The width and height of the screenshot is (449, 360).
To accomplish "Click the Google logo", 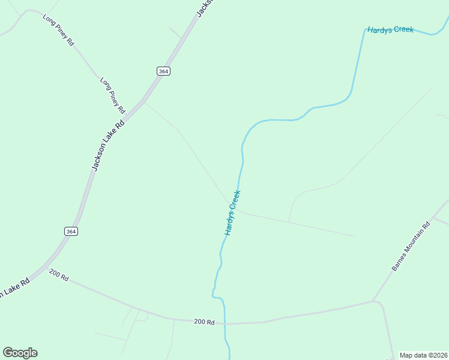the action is tap(20, 353).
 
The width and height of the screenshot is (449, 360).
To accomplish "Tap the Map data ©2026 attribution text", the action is tap(424, 355).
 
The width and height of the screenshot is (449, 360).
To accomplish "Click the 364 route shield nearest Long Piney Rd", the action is tap(163, 71).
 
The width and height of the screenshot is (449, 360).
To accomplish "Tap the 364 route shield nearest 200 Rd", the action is tap(71, 231).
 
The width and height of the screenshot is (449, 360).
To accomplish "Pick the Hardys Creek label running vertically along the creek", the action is tap(232, 212).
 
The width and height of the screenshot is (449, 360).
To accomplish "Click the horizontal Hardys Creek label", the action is tap(390, 29).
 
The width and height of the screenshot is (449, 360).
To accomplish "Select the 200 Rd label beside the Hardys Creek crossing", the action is tap(204, 322).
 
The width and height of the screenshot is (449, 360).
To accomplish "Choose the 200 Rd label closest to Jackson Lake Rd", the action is tap(59, 277).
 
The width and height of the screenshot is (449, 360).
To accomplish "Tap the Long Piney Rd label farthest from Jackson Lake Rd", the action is tap(58, 31).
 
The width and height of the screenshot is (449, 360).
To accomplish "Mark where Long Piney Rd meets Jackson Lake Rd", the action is tap(143, 101).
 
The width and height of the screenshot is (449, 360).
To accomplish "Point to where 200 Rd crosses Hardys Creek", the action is tap(224, 323).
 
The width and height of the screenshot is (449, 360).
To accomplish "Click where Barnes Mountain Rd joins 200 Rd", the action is tap(373, 301).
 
